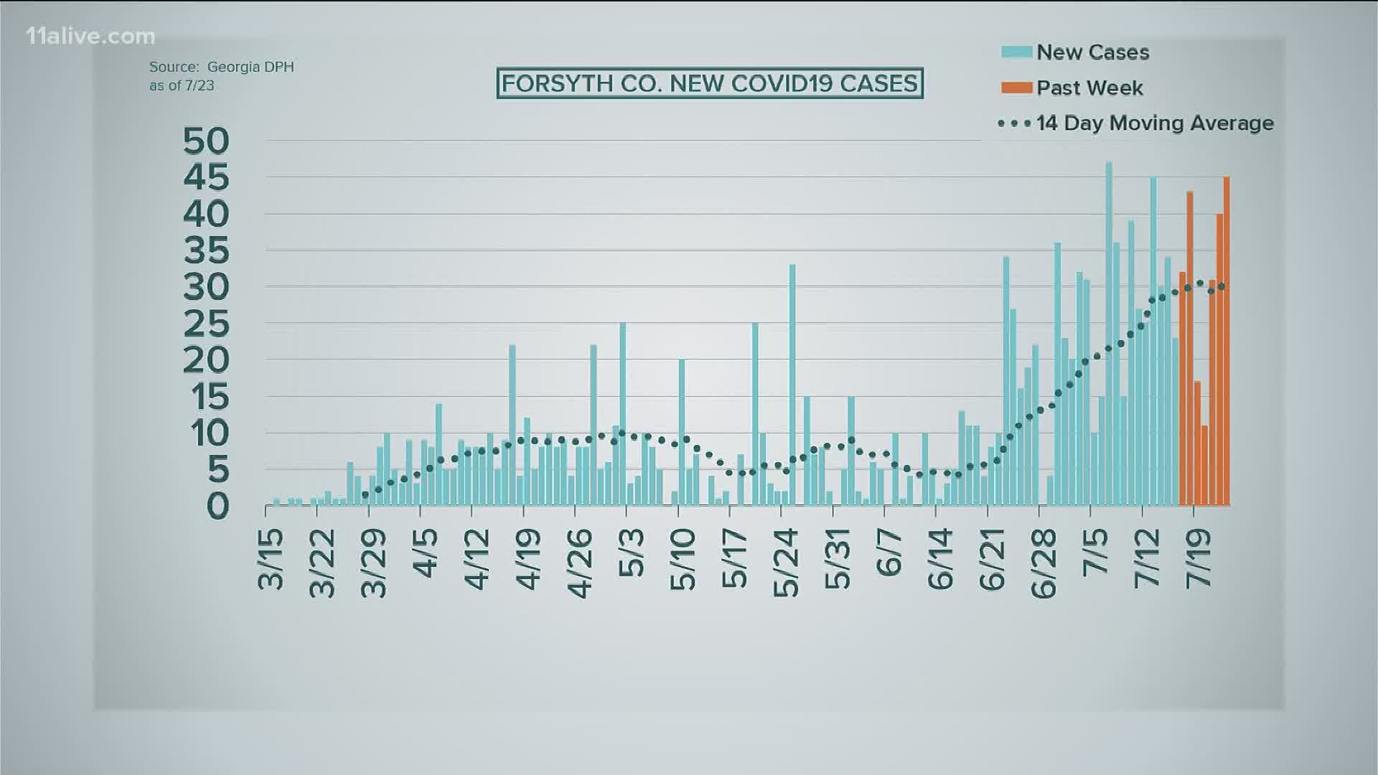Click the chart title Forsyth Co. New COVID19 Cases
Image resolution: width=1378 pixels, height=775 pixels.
click(x=709, y=84)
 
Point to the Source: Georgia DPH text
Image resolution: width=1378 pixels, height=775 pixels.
click(x=221, y=67)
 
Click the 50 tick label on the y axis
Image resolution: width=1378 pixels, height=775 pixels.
click(x=206, y=141)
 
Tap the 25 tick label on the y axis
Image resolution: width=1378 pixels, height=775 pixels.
click(x=206, y=325)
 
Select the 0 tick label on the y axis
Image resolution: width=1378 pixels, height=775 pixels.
click(x=217, y=507)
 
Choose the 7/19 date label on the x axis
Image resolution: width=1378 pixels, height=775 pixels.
click(x=1198, y=560)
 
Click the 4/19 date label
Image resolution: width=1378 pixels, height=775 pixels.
click(x=530, y=560)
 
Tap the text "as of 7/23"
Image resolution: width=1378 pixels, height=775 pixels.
click(x=182, y=85)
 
